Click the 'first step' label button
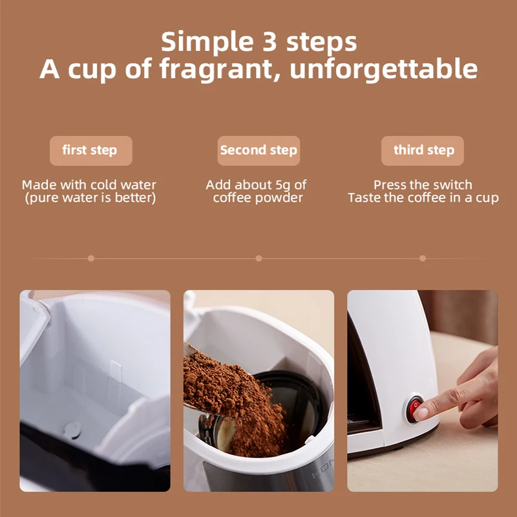[x=90, y=151]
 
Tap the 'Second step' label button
[x=258, y=151]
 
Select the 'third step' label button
[x=423, y=151]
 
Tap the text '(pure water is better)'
[x=90, y=198]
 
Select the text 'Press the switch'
[x=423, y=185]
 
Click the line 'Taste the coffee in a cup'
[x=423, y=198]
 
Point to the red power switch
[x=414, y=408]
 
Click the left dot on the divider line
[x=91, y=258]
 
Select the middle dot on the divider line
[x=258, y=258]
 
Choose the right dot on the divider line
[x=423, y=258]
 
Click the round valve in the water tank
[x=73, y=428]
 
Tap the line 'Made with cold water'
[x=89, y=185]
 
